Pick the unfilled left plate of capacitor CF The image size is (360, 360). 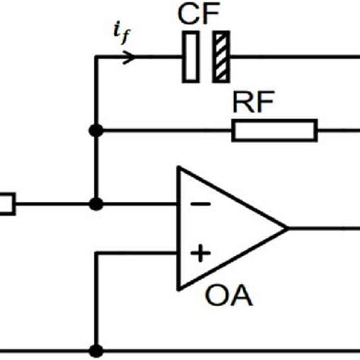pos(191,56)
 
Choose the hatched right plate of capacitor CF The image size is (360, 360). pos(222,56)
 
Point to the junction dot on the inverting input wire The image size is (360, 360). pos(96,204)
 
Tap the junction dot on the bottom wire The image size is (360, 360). pos(96,351)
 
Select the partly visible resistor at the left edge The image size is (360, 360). pos(7,204)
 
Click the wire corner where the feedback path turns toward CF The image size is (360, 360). pos(96,56)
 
